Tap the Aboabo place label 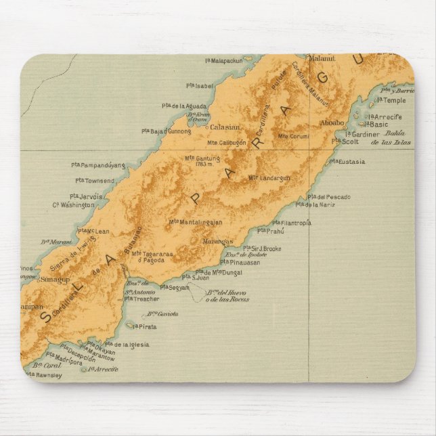coord(332,123)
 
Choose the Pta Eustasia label coord(347,161)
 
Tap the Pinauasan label coord(244,263)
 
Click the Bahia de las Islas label coord(396,137)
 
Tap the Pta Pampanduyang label coord(98,165)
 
